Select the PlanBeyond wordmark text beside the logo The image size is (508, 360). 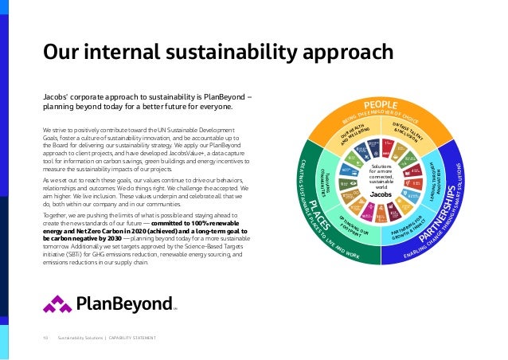coord(124,303)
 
